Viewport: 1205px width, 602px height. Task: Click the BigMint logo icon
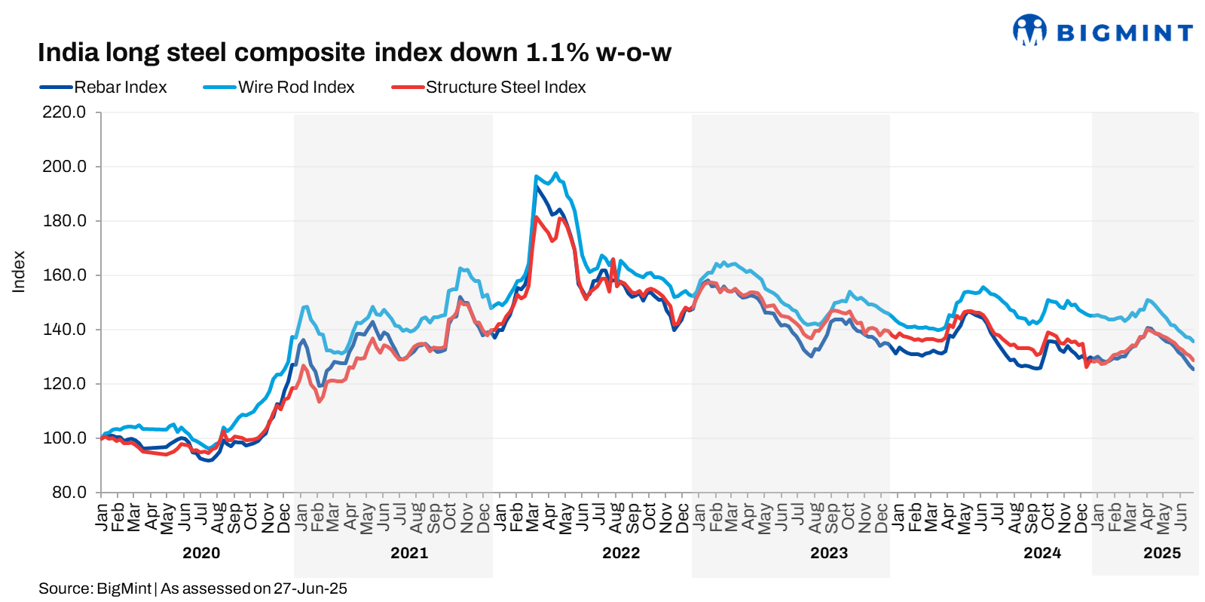pos(1029,31)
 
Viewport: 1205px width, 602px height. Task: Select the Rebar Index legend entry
pos(120,88)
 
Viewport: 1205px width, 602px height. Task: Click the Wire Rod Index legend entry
pos(296,88)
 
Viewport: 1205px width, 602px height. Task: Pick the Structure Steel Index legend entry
pos(505,88)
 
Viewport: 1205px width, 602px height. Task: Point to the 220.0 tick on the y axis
pos(64,112)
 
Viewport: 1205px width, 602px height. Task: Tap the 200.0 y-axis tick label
pos(64,167)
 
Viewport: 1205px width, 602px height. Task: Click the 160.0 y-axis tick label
pos(64,275)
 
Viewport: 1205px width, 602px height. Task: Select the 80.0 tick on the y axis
pos(69,493)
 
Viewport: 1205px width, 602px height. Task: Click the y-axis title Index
pos(19,272)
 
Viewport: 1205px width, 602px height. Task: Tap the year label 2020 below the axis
pos(201,553)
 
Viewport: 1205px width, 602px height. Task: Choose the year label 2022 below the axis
pos(621,553)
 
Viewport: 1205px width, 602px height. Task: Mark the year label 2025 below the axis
pos(1162,553)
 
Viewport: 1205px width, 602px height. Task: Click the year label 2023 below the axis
pos(829,553)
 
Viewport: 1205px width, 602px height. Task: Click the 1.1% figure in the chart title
pos(557,53)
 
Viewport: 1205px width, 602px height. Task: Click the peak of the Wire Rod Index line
pos(555,173)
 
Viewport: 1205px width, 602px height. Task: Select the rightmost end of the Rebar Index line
pos(1193,369)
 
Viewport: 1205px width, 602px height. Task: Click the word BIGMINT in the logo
pos(1124,33)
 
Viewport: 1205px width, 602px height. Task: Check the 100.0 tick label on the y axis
pos(64,438)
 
